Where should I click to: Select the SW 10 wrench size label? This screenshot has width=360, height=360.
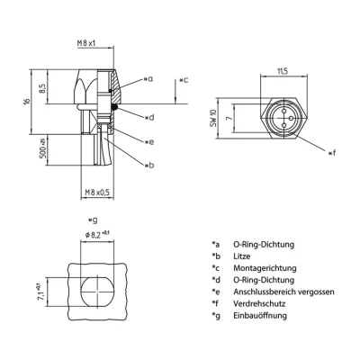(238, 117)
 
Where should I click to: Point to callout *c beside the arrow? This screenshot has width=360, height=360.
(184, 81)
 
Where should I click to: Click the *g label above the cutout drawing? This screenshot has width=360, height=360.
(92, 219)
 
